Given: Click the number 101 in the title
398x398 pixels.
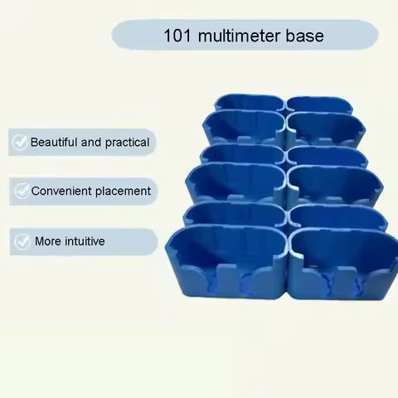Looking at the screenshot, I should [x=177, y=36].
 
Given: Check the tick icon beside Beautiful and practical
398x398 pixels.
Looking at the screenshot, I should [x=19, y=143].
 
